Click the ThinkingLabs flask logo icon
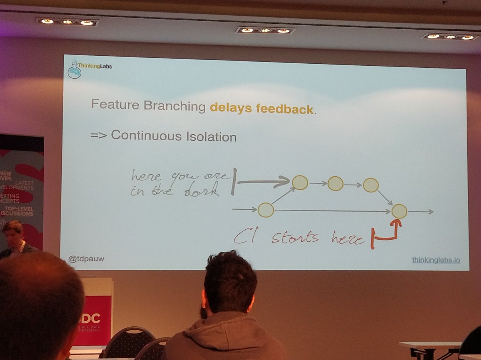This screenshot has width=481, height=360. pyautogui.click(x=74, y=70)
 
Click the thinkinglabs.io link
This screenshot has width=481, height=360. pyautogui.click(x=436, y=260)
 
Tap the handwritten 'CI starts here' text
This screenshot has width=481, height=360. pyautogui.click(x=299, y=238)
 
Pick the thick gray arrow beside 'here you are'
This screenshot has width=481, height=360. pyautogui.click(x=263, y=182)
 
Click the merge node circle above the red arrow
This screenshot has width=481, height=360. pyautogui.click(x=399, y=211)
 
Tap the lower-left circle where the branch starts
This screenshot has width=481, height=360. pyautogui.click(x=265, y=210)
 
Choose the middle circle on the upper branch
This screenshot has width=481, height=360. pyautogui.click(x=335, y=184)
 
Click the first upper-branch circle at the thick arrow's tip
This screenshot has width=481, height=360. pyautogui.click(x=300, y=182)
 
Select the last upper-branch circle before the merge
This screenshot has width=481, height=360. pyautogui.click(x=371, y=185)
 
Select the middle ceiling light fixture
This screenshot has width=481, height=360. pyautogui.click(x=265, y=30)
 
